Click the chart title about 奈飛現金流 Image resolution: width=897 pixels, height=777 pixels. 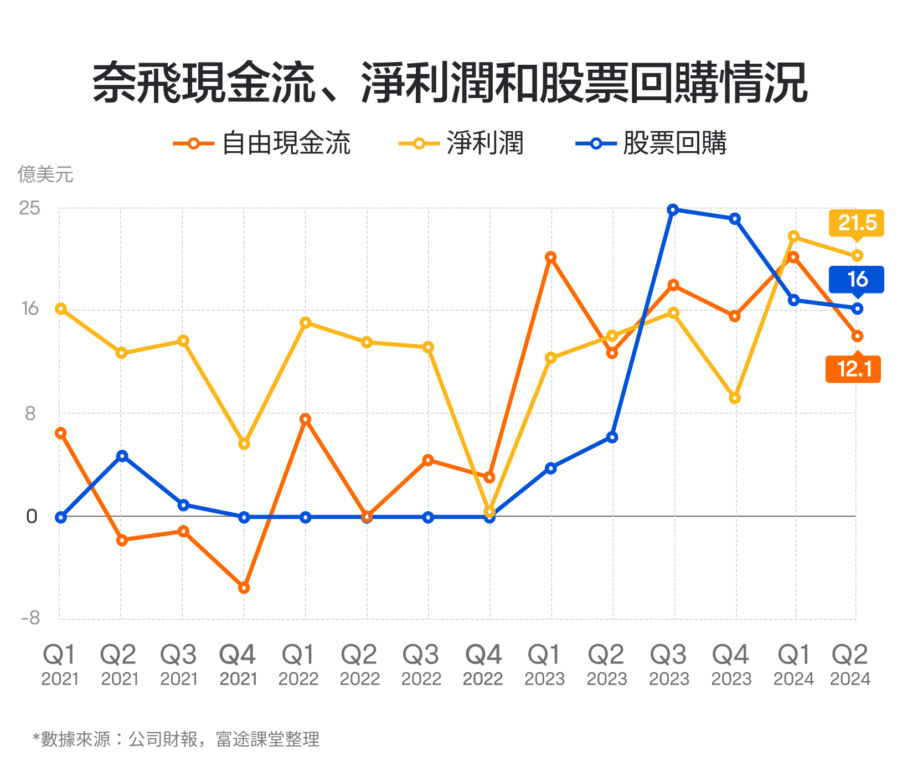[449, 83]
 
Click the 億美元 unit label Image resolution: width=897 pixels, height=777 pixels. [45, 174]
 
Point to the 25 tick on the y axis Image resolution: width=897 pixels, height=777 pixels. [30, 208]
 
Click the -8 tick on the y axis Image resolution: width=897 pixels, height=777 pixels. [30, 618]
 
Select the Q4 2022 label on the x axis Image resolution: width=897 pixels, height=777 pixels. [483, 665]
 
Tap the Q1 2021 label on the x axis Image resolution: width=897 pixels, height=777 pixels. [60, 665]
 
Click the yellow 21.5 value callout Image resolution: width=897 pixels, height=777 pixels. [856, 223]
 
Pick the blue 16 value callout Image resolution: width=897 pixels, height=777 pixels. [856, 279]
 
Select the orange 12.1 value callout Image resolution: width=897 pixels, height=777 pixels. [853, 369]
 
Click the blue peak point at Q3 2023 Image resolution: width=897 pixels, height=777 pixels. [673, 209]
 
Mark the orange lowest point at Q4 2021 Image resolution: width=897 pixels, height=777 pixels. [244, 588]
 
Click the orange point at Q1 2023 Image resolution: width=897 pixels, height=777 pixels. [550, 257]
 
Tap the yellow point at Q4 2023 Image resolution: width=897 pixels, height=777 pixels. [735, 398]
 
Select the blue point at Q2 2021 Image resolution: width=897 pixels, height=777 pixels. [122, 456]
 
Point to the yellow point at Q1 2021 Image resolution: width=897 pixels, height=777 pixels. [61, 308]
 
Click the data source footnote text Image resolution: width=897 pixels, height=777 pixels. [176, 739]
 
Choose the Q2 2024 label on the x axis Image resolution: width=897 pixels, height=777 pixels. [850, 665]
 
